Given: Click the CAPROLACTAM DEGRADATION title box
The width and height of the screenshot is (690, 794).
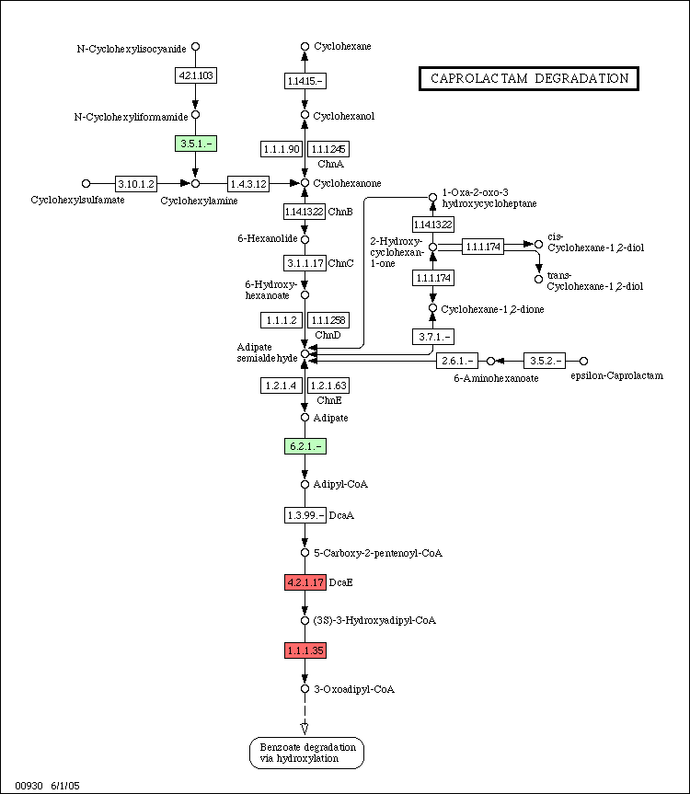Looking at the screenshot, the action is [529, 78].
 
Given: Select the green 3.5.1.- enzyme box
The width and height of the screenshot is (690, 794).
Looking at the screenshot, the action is [196, 144].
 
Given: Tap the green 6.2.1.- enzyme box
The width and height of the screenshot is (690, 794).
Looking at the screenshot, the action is [305, 446].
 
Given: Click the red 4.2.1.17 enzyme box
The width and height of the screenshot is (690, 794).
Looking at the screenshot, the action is [305, 582].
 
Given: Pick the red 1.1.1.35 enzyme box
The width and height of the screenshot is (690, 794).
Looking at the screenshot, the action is [305, 650].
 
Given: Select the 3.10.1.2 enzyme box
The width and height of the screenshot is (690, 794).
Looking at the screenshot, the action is [136, 183].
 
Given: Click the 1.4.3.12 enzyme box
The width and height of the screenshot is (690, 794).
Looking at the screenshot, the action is [248, 183].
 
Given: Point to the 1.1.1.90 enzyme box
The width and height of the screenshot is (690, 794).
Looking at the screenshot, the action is [282, 149].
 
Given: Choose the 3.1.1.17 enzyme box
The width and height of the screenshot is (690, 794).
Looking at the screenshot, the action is [305, 263].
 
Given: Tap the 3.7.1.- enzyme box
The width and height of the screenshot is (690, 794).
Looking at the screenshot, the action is [433, 336].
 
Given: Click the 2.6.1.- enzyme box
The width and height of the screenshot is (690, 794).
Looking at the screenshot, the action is [457, 361].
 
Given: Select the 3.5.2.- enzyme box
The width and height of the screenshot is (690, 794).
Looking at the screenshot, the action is [545, 361].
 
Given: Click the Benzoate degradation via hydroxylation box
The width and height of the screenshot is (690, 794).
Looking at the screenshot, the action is [306, 753].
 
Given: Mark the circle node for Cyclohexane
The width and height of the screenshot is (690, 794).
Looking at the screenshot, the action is [305, 47].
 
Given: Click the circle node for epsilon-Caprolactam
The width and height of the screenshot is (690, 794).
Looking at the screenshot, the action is [583, 361].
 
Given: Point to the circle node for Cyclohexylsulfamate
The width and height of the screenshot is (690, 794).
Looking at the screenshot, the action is [86, 183].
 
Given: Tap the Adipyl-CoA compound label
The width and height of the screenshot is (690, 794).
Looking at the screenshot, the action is [340, 484].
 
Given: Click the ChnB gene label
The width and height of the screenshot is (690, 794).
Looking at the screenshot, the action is [340, 212].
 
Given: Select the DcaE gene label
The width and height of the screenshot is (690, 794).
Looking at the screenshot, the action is [340, 582].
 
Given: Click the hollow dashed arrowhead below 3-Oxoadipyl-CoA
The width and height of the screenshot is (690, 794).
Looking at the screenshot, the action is [305, 728].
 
